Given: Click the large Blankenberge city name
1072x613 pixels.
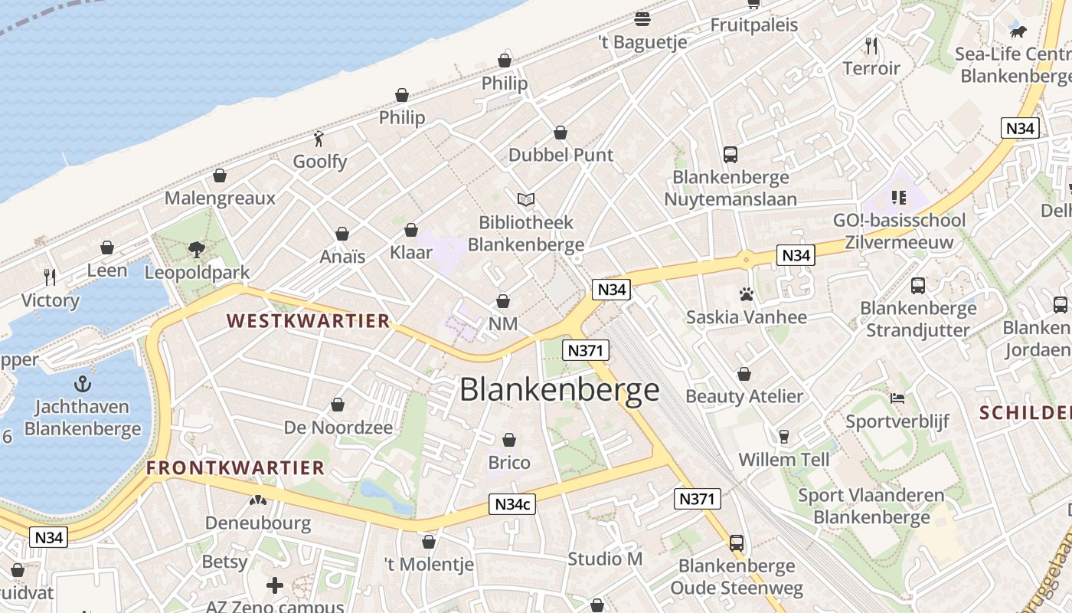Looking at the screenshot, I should coord(559,390).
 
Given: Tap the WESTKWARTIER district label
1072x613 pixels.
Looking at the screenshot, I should coord(309,321).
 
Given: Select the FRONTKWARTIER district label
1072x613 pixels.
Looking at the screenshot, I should coord(236,467).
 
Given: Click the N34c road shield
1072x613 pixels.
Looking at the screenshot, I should coord(512,504).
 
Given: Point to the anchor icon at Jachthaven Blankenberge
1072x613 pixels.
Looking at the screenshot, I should coord(82,384).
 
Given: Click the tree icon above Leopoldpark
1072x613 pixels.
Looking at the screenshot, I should coord(197,250).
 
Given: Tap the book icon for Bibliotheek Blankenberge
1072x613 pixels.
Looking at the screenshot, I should coord(525,200).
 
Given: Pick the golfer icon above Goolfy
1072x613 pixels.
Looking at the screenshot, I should coord(319,139).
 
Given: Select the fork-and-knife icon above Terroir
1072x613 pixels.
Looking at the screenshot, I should coord(871,46).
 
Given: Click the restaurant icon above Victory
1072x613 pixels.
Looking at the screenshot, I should coord(50,277).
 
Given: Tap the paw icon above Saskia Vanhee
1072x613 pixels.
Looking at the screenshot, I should coord(746,294).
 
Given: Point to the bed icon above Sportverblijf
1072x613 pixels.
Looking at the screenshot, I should coord(897,398).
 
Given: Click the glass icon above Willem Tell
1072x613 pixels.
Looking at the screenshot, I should coord(783,437).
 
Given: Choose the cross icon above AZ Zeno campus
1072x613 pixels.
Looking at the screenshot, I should coord(274,586).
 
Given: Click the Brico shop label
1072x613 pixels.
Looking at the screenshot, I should coord(509,463).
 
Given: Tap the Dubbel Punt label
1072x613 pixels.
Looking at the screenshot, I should coord(561,155).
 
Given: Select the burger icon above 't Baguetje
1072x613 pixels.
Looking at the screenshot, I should coord(642,19).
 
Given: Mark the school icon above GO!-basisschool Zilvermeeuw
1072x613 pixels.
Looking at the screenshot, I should coord(899,198).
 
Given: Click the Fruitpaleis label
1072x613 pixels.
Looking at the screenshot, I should coord(754,25).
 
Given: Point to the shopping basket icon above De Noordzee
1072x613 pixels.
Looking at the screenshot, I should coord(338,405).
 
